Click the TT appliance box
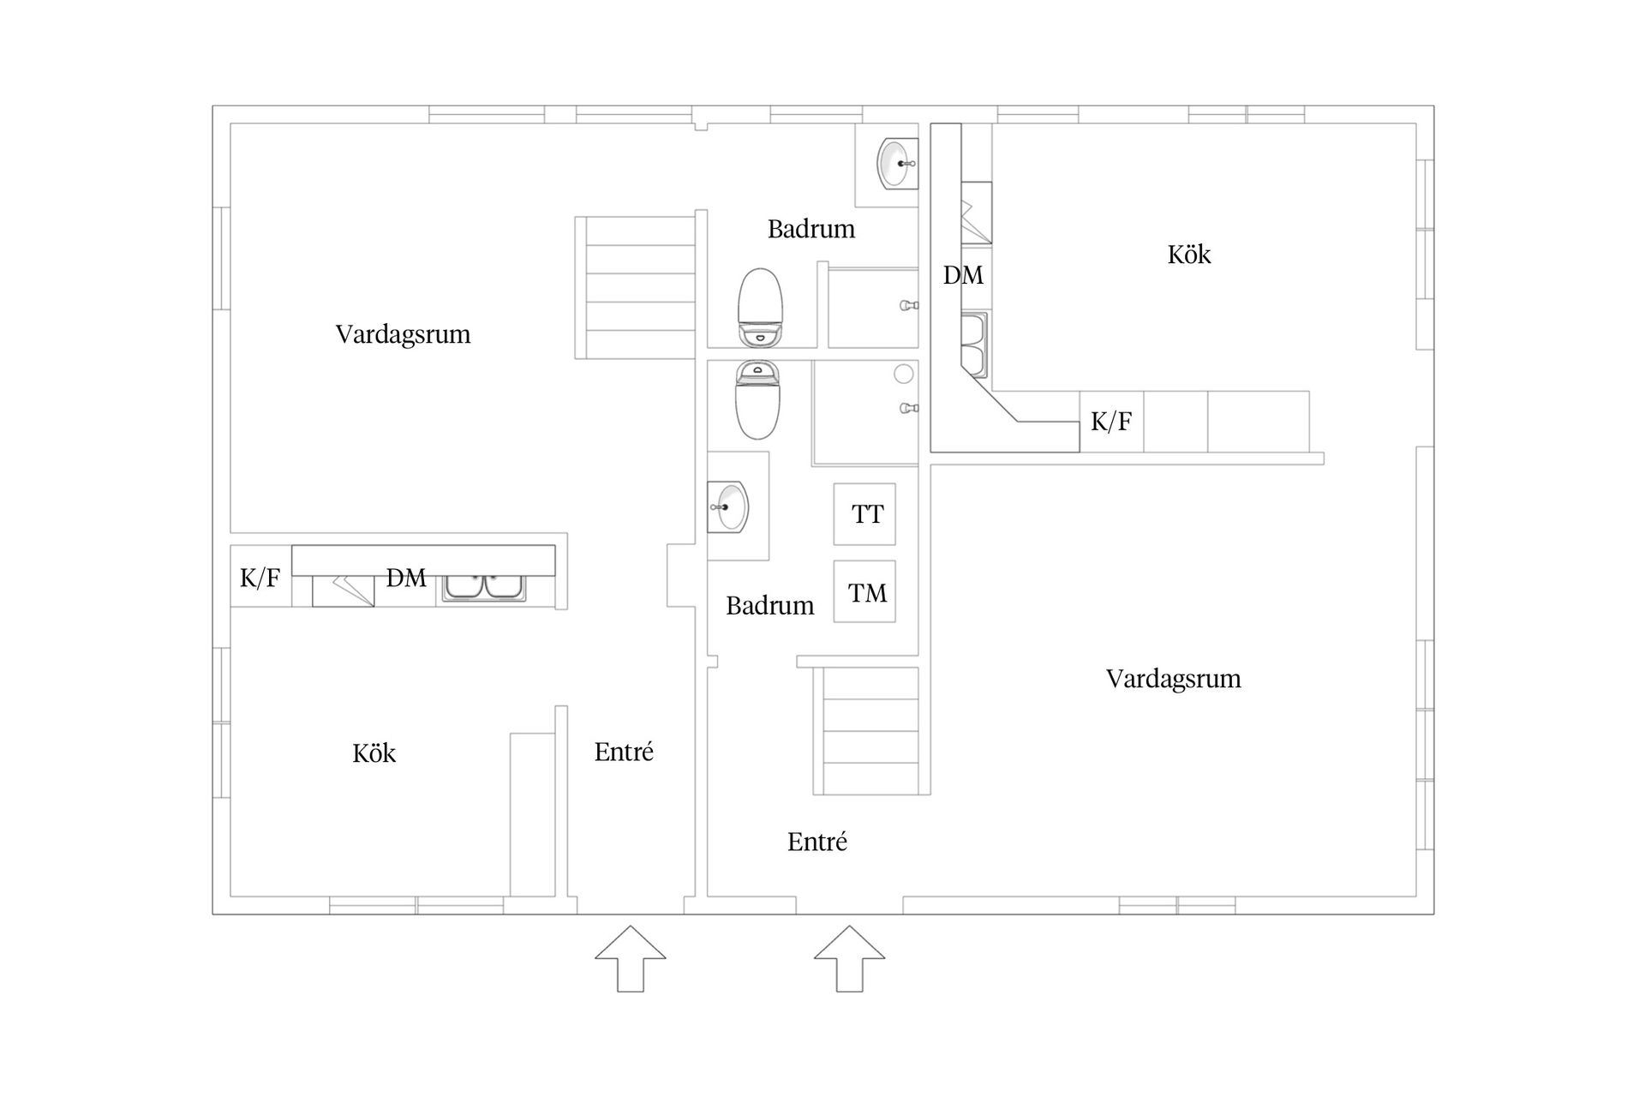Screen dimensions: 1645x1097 pyautogui.click(x=864, y=514)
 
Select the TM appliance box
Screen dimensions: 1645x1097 pyautogui.click(x=864, y=591)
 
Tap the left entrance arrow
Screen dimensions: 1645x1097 pyautogui.click(x=631, y=958)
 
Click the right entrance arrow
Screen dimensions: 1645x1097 pyautogui.click(x=849, y=958)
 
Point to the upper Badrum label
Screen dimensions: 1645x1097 pyautogui.click(x=811, y=229)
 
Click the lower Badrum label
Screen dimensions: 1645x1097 pyautogui.click(x=769, y=606)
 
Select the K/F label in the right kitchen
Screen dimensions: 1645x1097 pyautogui.click(x=1111, y=421)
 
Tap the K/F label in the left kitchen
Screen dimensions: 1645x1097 pyautogui.click(x=260, y=578)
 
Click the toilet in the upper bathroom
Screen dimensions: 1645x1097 pyautogui.click(x=760, y=308)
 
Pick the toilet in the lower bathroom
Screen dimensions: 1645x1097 pyautogui.click(x=757, y=399)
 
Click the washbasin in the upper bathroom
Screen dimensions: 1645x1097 pyautogui.click(x=897, y=163)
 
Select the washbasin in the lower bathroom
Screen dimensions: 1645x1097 pyautogui.click(x=727, y=507)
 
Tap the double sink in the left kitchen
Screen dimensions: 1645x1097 pyautogui.click(x=484, y=587)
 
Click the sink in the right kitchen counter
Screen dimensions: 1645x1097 pyautogui.click(x=975, y=345)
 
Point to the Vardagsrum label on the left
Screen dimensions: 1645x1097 pyautogui.click(x=403, y=334)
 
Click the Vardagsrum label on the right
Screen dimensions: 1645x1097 pyautogui.click(x=1173, y=679)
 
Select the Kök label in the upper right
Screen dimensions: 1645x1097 pyautogui.click(x=1189, y=255)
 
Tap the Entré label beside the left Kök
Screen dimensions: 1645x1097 pyautogui.click(x=624, y=752)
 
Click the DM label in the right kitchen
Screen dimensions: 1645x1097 pyautogui.click(x=963, y=275)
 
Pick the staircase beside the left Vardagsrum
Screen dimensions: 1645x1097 pyautogui.click(x=635, y=288)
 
